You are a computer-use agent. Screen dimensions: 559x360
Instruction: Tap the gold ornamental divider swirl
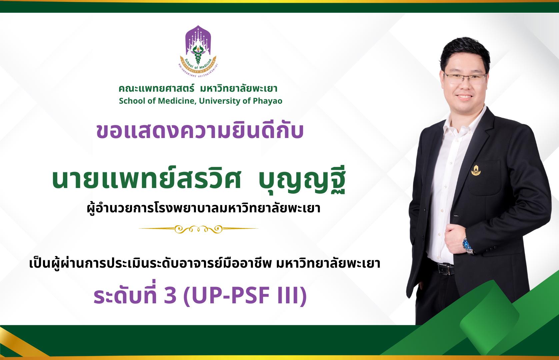click(x=198, y=229)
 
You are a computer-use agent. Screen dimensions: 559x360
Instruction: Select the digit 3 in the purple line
click(x=170, y=296)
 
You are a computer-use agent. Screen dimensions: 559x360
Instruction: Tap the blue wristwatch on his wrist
click(x=468, y=245)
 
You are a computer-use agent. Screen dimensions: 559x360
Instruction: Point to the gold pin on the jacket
click(x=476, y=170)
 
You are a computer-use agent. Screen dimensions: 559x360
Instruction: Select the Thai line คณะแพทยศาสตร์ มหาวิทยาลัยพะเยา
click(x=198, y=89)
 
